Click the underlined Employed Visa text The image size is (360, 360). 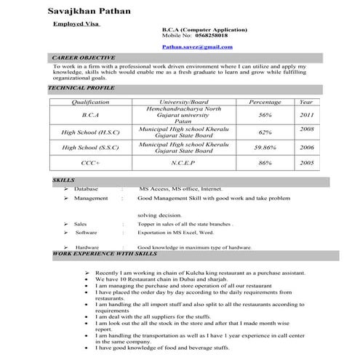(77, 23)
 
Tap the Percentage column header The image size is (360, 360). (265, 102)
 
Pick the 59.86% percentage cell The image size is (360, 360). (265, 148)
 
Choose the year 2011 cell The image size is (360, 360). (306, 114)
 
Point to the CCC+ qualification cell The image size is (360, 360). (91, 165)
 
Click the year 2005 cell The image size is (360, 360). (306, 165)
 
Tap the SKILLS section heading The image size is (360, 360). (63, 179)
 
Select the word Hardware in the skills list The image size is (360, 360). (87, 247)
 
